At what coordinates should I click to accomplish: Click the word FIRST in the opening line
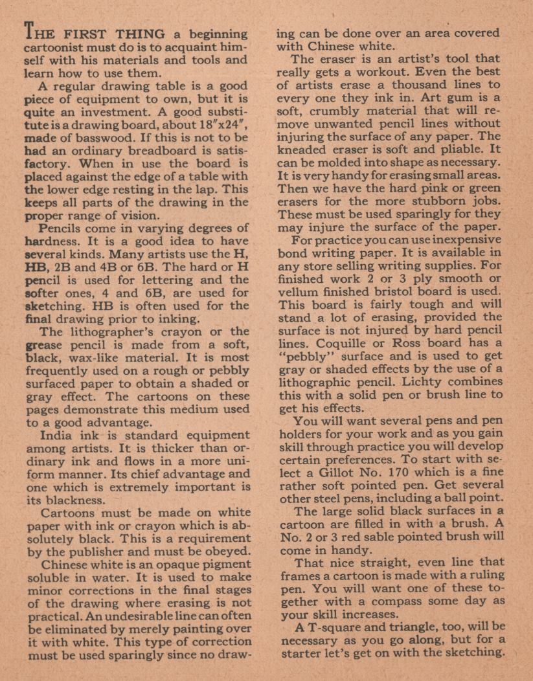pyautogui.click(x=82, y=34)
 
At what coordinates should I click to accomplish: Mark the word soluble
pyautogui.click(x=49, y=577)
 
